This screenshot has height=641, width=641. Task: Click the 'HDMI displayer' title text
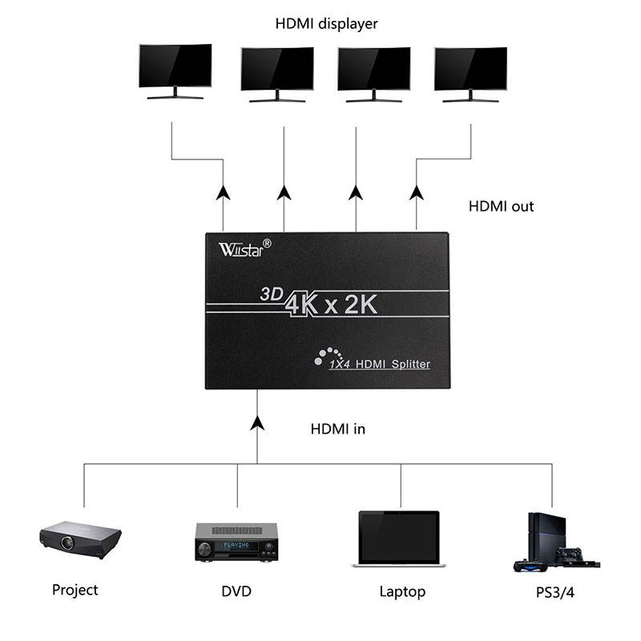pyautogui.click(x=326, y=24)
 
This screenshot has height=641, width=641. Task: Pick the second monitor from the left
pyautogui.click(x=277, y=71)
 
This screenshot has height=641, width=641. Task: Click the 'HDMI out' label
pyautogui.click(x=501, y=206)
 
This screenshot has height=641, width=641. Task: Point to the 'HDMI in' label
pyautogui.click(x=337, y=429)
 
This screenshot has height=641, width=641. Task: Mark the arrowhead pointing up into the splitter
pyautogui.click(x=257, y=422)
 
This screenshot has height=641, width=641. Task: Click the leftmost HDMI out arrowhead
pyautogui.click(x=223, y=192)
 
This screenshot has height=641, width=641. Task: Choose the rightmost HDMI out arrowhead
pyautogui.click(x=416, y=192)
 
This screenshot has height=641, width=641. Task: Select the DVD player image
pyautogui.click(x=236, y=542)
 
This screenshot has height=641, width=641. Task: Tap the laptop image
pyautogui.click(x=399, y=539)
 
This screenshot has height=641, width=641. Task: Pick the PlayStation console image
pyautogui.click(x=553, y=542)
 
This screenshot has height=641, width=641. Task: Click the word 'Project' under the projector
pyautogui.click(x=75, y=590)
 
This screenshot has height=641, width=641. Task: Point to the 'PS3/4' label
pyautogui.click(x=552, y=591)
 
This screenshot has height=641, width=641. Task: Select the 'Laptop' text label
pyautogui.click(x=402, y=592)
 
